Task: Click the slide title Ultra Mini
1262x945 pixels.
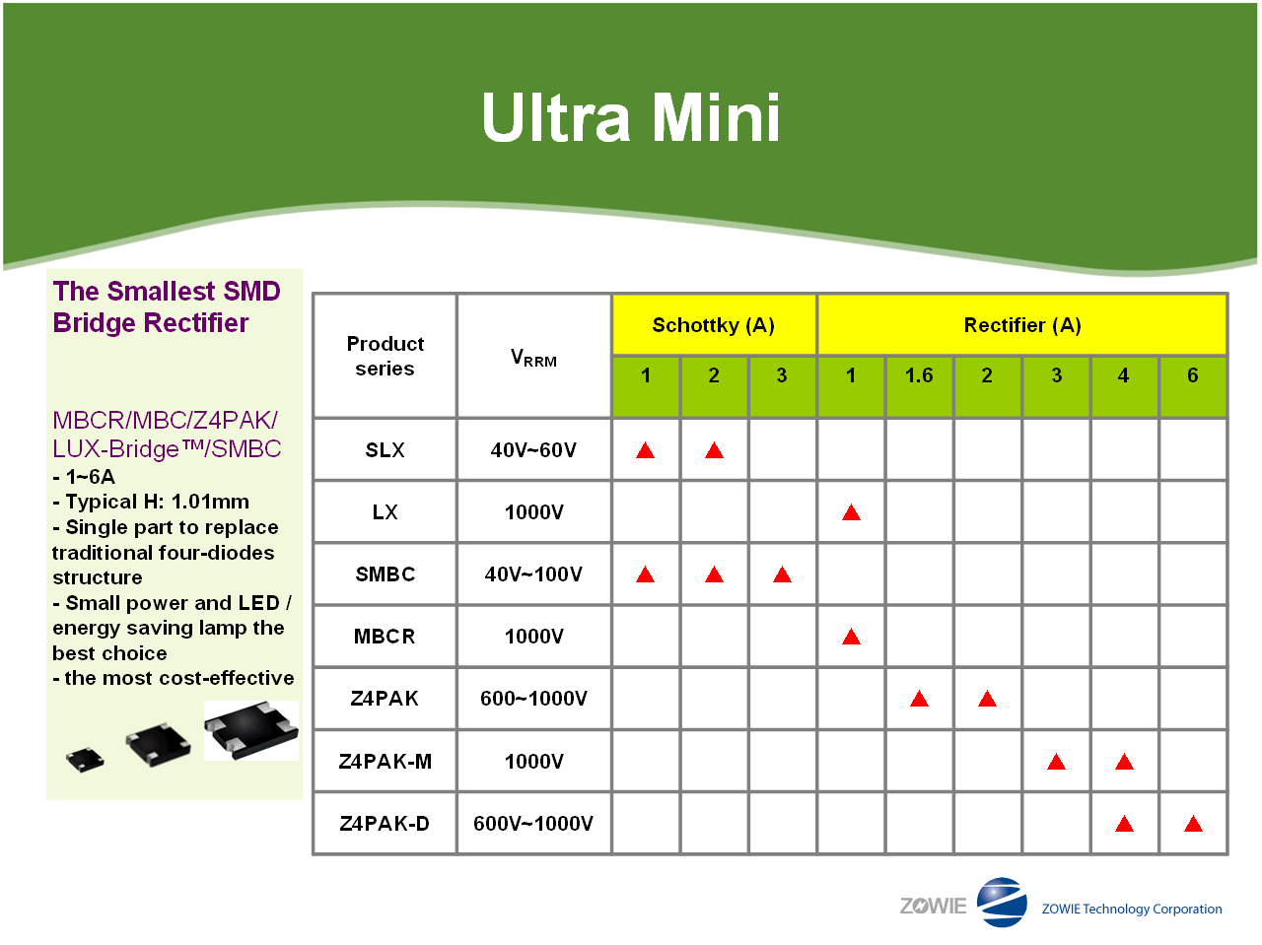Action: click(x=631, y=117)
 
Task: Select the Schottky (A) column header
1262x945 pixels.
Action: click(x=714, y=325)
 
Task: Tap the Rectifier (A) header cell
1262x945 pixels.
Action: click(x=1022, y=325)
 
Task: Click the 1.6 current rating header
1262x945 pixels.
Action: click(x=919, y=375)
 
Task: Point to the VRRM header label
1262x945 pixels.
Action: click(x=533, y=358)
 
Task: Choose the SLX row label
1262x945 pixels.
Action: click(x=386, y=449)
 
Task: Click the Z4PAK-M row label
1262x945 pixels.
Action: click(x=386, y=761)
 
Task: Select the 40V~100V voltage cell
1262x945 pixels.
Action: click(x=533, y=574)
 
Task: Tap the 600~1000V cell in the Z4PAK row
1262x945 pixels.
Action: click(x=533, y=699)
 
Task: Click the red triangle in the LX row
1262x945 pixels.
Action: click(x=851, y=512)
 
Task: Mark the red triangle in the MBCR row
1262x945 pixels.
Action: click(x=851, y=637)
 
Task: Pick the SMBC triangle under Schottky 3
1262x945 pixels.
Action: click(x=782, y=574)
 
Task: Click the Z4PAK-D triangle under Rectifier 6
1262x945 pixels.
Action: click(x=1193, y=824)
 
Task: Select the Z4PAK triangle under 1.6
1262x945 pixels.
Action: click(x=919, y=699)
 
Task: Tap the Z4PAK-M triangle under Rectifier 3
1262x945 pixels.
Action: click(x=1056, y=762)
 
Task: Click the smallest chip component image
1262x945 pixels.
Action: click(x=85, y=760)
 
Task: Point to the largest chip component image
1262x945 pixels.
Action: click(x=251, y=729)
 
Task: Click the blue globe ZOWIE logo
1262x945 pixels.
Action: click(x=1002, y=902)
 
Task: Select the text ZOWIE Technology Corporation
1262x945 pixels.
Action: click(x=1132, y=909)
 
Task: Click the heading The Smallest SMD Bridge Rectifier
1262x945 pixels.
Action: click(x=167, y=306)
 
